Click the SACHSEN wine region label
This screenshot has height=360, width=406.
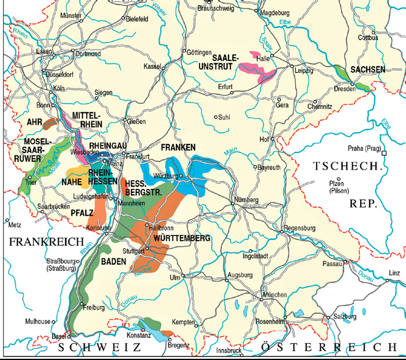pos(368,70)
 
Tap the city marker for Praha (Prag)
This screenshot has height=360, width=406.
pos(384,153)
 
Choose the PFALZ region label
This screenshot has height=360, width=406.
pos(82,214)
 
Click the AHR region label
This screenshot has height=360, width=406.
pos(35,122)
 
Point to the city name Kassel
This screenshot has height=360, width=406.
pos(151,67)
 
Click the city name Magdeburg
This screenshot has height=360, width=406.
pos(276,12)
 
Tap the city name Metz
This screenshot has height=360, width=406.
pos(14,223)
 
